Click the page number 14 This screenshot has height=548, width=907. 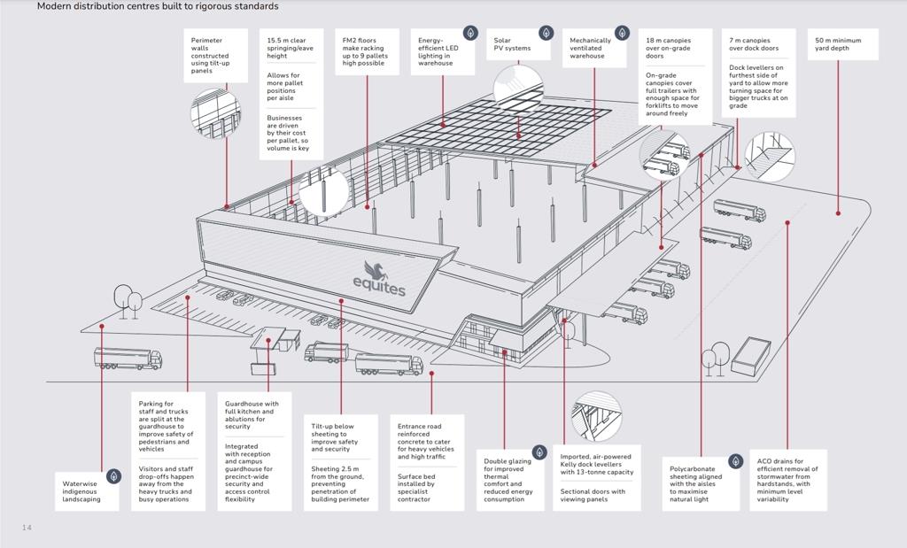pyautogui.click(x=27, y=528)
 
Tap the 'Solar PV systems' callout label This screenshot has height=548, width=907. pyautogui.click(x=513, y=44)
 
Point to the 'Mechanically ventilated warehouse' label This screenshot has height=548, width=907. pyautogui.click(x=590, y=48)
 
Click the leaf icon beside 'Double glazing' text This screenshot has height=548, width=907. pyautogui.click(x=539, y=452)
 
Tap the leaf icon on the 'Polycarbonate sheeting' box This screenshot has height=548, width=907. pyautogui.click(x=735, y=461)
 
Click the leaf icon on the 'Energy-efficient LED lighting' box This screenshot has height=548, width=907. pyautogui.click(x=470, y=33)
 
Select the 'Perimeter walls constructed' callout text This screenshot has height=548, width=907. pyautogui.click(x=209, y=55)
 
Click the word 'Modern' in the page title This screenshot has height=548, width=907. pyautogui.click(x=55, y=6)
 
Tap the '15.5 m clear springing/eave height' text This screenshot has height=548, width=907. pyautogui.click(x=289, y=48)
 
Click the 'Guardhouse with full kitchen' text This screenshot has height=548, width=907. pyautogui.click(x=252, y=415)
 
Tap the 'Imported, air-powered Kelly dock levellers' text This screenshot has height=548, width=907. pyautogui.click(x=596, y=465)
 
